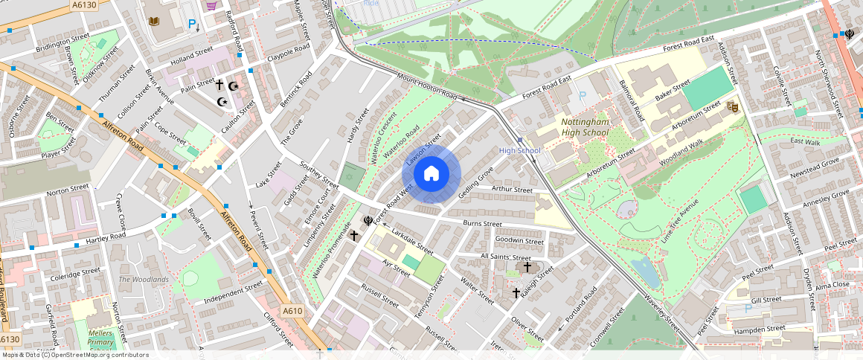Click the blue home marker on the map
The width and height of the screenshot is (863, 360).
pyautogui.click(x=431, y=174)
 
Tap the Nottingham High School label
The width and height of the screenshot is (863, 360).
pyautogui.click(x=585, y=127)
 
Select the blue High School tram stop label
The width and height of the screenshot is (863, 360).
pyautogui.click(x=519, y=151)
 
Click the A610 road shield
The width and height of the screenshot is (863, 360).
pyautogui.click(x=292, y=311)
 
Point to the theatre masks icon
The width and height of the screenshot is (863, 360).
pyautogui.click(x=731, y=107)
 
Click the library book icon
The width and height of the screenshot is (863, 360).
pyautogui.click(x=154, y=22)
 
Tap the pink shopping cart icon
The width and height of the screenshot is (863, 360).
pyautogui.click(x=212, y=6)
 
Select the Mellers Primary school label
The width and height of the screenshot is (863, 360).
pyautogui.click(x=100, y=338)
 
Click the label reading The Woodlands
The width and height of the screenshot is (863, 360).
pyautogui.click(x=144, y=279)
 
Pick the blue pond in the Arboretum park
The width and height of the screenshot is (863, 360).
pyautogui.click(x=644, y=273)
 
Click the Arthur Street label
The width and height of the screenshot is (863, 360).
pyautogui.click(x=513, y=190)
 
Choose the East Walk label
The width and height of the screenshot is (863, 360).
pyautogui.click(x=804, y=141)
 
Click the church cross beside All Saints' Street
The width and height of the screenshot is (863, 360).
pyautogui.click(x=527, y=266)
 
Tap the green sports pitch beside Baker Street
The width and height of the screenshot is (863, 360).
pyautogui.click(x=708, y=88)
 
